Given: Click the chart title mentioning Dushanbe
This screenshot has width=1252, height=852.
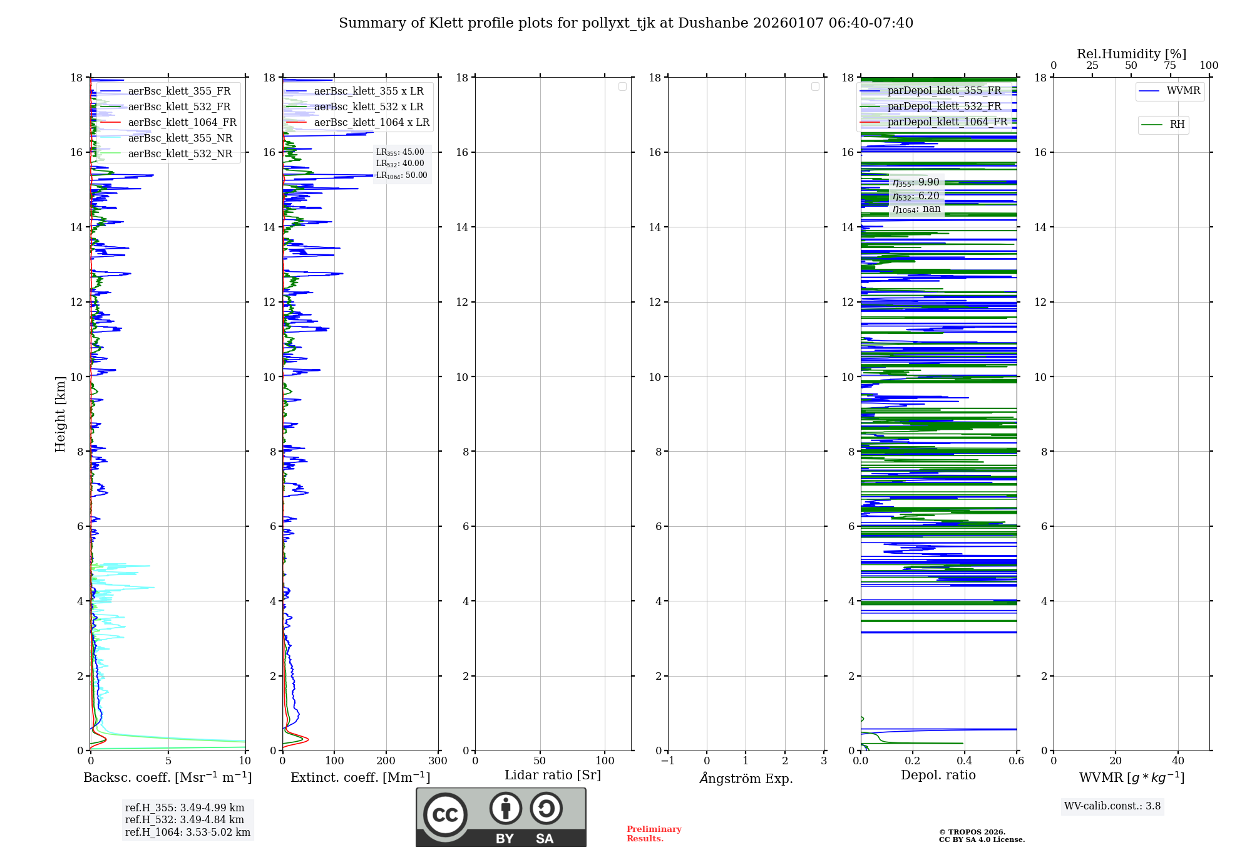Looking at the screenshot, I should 626,23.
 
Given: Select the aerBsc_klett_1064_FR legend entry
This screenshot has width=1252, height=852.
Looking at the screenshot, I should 182,123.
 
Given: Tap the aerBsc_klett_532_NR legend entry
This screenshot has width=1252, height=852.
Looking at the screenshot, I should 180,154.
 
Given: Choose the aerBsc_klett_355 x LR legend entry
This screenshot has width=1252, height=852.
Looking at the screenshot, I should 368,91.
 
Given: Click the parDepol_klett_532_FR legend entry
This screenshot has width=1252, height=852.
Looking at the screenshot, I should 944,106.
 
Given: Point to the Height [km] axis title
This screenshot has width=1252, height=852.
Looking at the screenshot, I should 60,414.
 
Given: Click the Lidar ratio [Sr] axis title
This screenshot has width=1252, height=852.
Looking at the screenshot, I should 553,776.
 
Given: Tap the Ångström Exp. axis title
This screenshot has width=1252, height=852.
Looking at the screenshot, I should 746,779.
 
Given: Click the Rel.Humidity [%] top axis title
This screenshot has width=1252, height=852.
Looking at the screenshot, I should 1131,54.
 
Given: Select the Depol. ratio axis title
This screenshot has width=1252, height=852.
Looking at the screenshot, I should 938,776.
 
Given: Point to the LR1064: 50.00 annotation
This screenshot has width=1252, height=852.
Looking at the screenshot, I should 402,175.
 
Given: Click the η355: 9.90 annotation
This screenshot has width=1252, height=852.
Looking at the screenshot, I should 916,182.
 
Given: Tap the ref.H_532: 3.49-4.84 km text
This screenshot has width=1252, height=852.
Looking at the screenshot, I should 185,820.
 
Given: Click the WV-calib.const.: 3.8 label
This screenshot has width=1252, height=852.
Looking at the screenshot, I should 1112,806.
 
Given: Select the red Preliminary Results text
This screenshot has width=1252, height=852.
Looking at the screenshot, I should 654,834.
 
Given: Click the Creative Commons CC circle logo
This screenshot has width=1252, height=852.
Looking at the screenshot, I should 445,814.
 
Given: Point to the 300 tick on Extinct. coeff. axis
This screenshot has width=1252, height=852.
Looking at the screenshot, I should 438,761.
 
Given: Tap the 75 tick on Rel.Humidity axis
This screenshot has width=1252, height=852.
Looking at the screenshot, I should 1169,66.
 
